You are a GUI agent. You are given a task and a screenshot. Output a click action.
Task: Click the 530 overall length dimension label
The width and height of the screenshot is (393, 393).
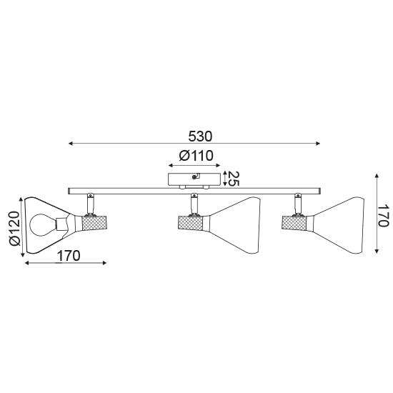pos(200,136)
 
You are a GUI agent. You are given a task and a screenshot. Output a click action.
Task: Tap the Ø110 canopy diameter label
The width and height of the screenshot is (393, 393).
pos(196,156)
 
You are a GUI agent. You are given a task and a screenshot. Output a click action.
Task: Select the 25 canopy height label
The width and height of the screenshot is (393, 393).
pos(234,179)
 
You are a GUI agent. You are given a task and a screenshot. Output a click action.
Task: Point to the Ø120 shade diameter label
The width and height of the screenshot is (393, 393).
pos(14,228)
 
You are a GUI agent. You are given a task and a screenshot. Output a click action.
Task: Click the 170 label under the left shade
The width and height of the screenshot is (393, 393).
pos(69,256)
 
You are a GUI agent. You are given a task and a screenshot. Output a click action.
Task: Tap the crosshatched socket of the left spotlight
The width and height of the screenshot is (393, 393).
pos(94,223)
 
